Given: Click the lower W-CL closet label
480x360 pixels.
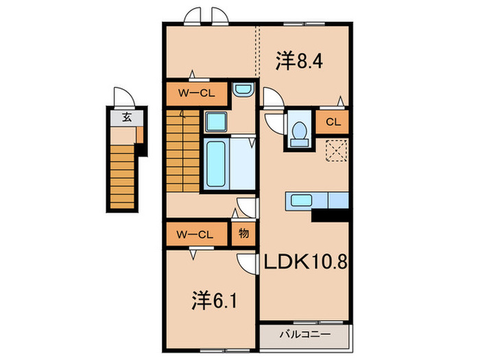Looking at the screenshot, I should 196,234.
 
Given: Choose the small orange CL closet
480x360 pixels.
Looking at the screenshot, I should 333,122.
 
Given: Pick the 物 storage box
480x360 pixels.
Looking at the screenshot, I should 243,234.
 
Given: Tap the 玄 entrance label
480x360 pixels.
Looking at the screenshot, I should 127,117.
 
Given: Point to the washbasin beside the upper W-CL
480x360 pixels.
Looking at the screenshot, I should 242,89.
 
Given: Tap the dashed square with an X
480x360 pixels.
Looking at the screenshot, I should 336,150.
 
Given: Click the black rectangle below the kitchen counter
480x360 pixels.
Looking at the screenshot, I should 331,215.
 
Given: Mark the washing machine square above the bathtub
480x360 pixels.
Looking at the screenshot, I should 217,122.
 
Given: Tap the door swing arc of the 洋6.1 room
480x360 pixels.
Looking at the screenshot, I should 245,263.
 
